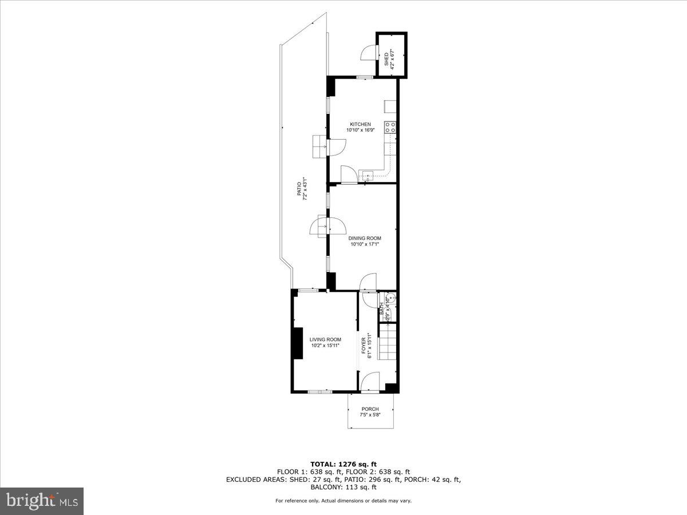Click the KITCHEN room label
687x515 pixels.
[361, 124]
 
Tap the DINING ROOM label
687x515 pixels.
[365, 238]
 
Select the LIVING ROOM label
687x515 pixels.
[325, 339]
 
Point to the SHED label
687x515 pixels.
[386, 58]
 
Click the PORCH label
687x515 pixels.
[370, 409]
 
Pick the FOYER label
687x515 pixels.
[363, 346]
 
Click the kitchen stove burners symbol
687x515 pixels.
[391, 127]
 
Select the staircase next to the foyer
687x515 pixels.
[388, 342]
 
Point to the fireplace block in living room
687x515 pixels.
[297, 343]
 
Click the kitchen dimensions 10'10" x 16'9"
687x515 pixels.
[361, 130]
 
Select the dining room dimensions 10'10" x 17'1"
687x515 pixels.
[365, 244]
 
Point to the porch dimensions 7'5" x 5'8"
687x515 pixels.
[370, 415]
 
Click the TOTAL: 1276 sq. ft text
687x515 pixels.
[343, 463]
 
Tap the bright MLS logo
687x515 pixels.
[42, 501]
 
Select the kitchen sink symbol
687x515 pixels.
[367, 175]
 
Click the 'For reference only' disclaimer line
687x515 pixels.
[343, 501]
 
